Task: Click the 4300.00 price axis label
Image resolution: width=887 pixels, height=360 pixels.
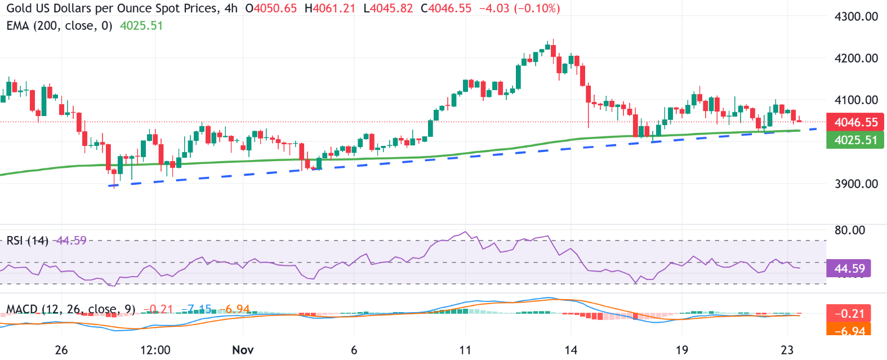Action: coord(856,16)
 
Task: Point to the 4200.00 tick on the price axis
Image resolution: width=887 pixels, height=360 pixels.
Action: coord(856,58)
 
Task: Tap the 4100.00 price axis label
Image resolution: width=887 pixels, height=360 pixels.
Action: coord(856,100)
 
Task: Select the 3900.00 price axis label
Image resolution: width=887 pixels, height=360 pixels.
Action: coord(856,184)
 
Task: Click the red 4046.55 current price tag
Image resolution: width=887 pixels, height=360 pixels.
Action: coord(855,122)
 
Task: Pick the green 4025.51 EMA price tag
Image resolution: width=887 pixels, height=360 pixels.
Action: coord(855,140)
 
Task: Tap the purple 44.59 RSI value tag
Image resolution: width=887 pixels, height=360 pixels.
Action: coord(849,268)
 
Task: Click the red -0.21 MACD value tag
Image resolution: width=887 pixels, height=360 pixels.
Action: coord(849,313)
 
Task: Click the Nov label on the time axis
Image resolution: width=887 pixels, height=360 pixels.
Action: coord(243,350)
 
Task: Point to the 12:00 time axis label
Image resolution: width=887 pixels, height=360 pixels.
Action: coord(155,350)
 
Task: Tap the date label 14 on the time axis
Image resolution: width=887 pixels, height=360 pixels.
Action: coord(570,350)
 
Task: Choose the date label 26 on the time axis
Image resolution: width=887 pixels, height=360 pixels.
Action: coord(61,350)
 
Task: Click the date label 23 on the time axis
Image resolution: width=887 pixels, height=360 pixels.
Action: coord(787,350)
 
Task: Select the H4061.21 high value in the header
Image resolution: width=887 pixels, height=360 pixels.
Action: coord(329,8)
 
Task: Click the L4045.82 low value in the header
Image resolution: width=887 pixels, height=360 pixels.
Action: coord(388,8)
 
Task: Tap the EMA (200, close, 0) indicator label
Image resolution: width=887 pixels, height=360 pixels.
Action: coord(59,26)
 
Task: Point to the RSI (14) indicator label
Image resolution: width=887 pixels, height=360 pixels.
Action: coord(27,241)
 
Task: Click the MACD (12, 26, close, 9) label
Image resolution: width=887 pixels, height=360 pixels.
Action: coord(70,309)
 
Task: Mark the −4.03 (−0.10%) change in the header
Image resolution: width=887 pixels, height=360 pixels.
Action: coord(519,8)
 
